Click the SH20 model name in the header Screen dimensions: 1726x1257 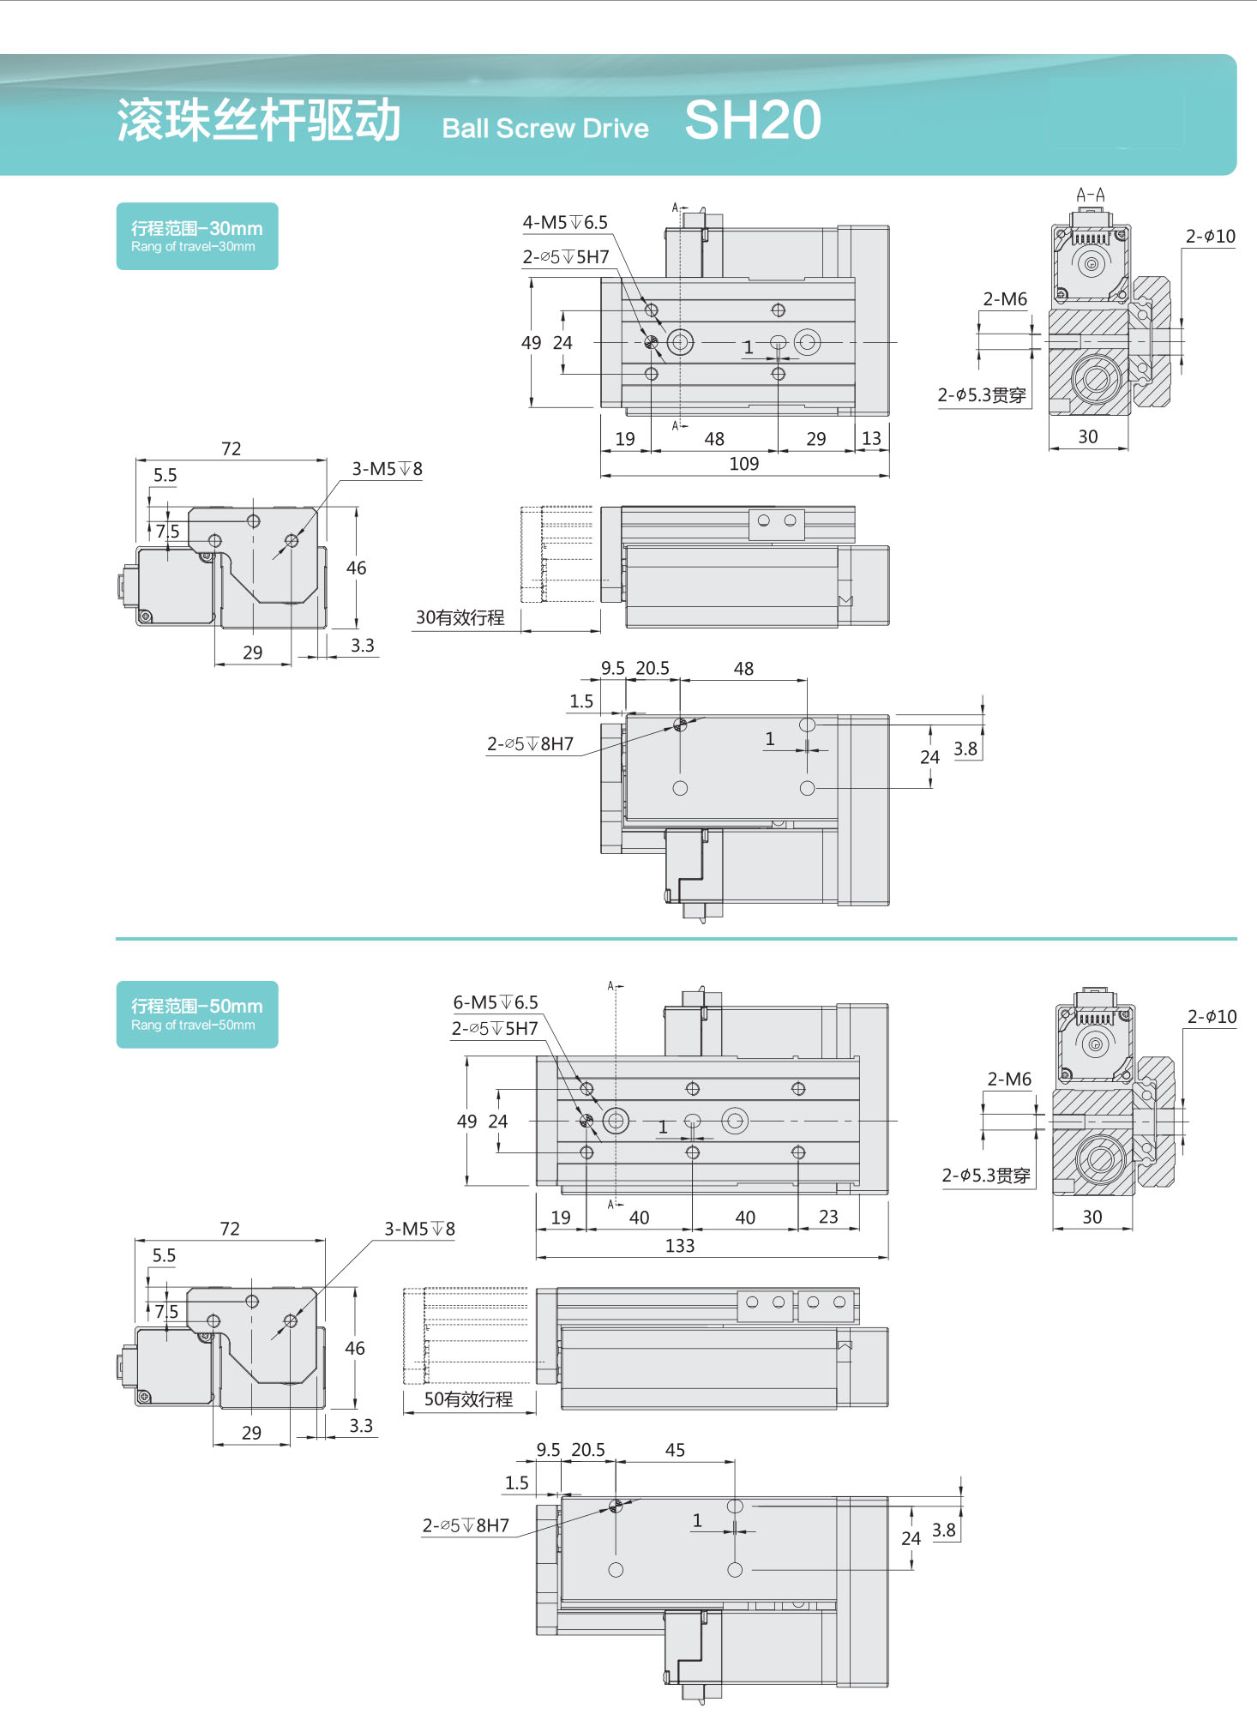[753, 120]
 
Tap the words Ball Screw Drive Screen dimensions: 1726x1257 [545, 129]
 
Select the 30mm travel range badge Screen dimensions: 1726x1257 [197, 237]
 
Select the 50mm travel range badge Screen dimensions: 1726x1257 [197, 1014]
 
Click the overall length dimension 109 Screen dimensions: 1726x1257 [744, 464]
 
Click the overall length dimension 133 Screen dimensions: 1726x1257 [680, 1246]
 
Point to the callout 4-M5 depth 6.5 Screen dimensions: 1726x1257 [565, 223]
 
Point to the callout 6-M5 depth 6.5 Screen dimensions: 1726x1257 [496, 1002]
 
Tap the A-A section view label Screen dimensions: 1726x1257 [1091, 195]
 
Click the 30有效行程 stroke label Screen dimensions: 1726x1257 [460, 618]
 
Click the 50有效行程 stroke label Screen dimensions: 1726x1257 [469, 1399]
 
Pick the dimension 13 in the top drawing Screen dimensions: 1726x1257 [871, 439]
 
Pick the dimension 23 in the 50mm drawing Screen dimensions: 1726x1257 [828, 1218]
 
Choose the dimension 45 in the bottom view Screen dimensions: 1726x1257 [675, 1450]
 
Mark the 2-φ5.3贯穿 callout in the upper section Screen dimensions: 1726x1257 [982, 395]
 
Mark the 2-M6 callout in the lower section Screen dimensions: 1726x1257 [1009, 1080]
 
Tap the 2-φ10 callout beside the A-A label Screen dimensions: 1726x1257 [1211, 237]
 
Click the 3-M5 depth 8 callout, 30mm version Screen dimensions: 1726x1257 [388, 469]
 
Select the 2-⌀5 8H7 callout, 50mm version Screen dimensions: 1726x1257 [466, 1525]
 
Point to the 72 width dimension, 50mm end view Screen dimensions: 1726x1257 [230, 1229]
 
